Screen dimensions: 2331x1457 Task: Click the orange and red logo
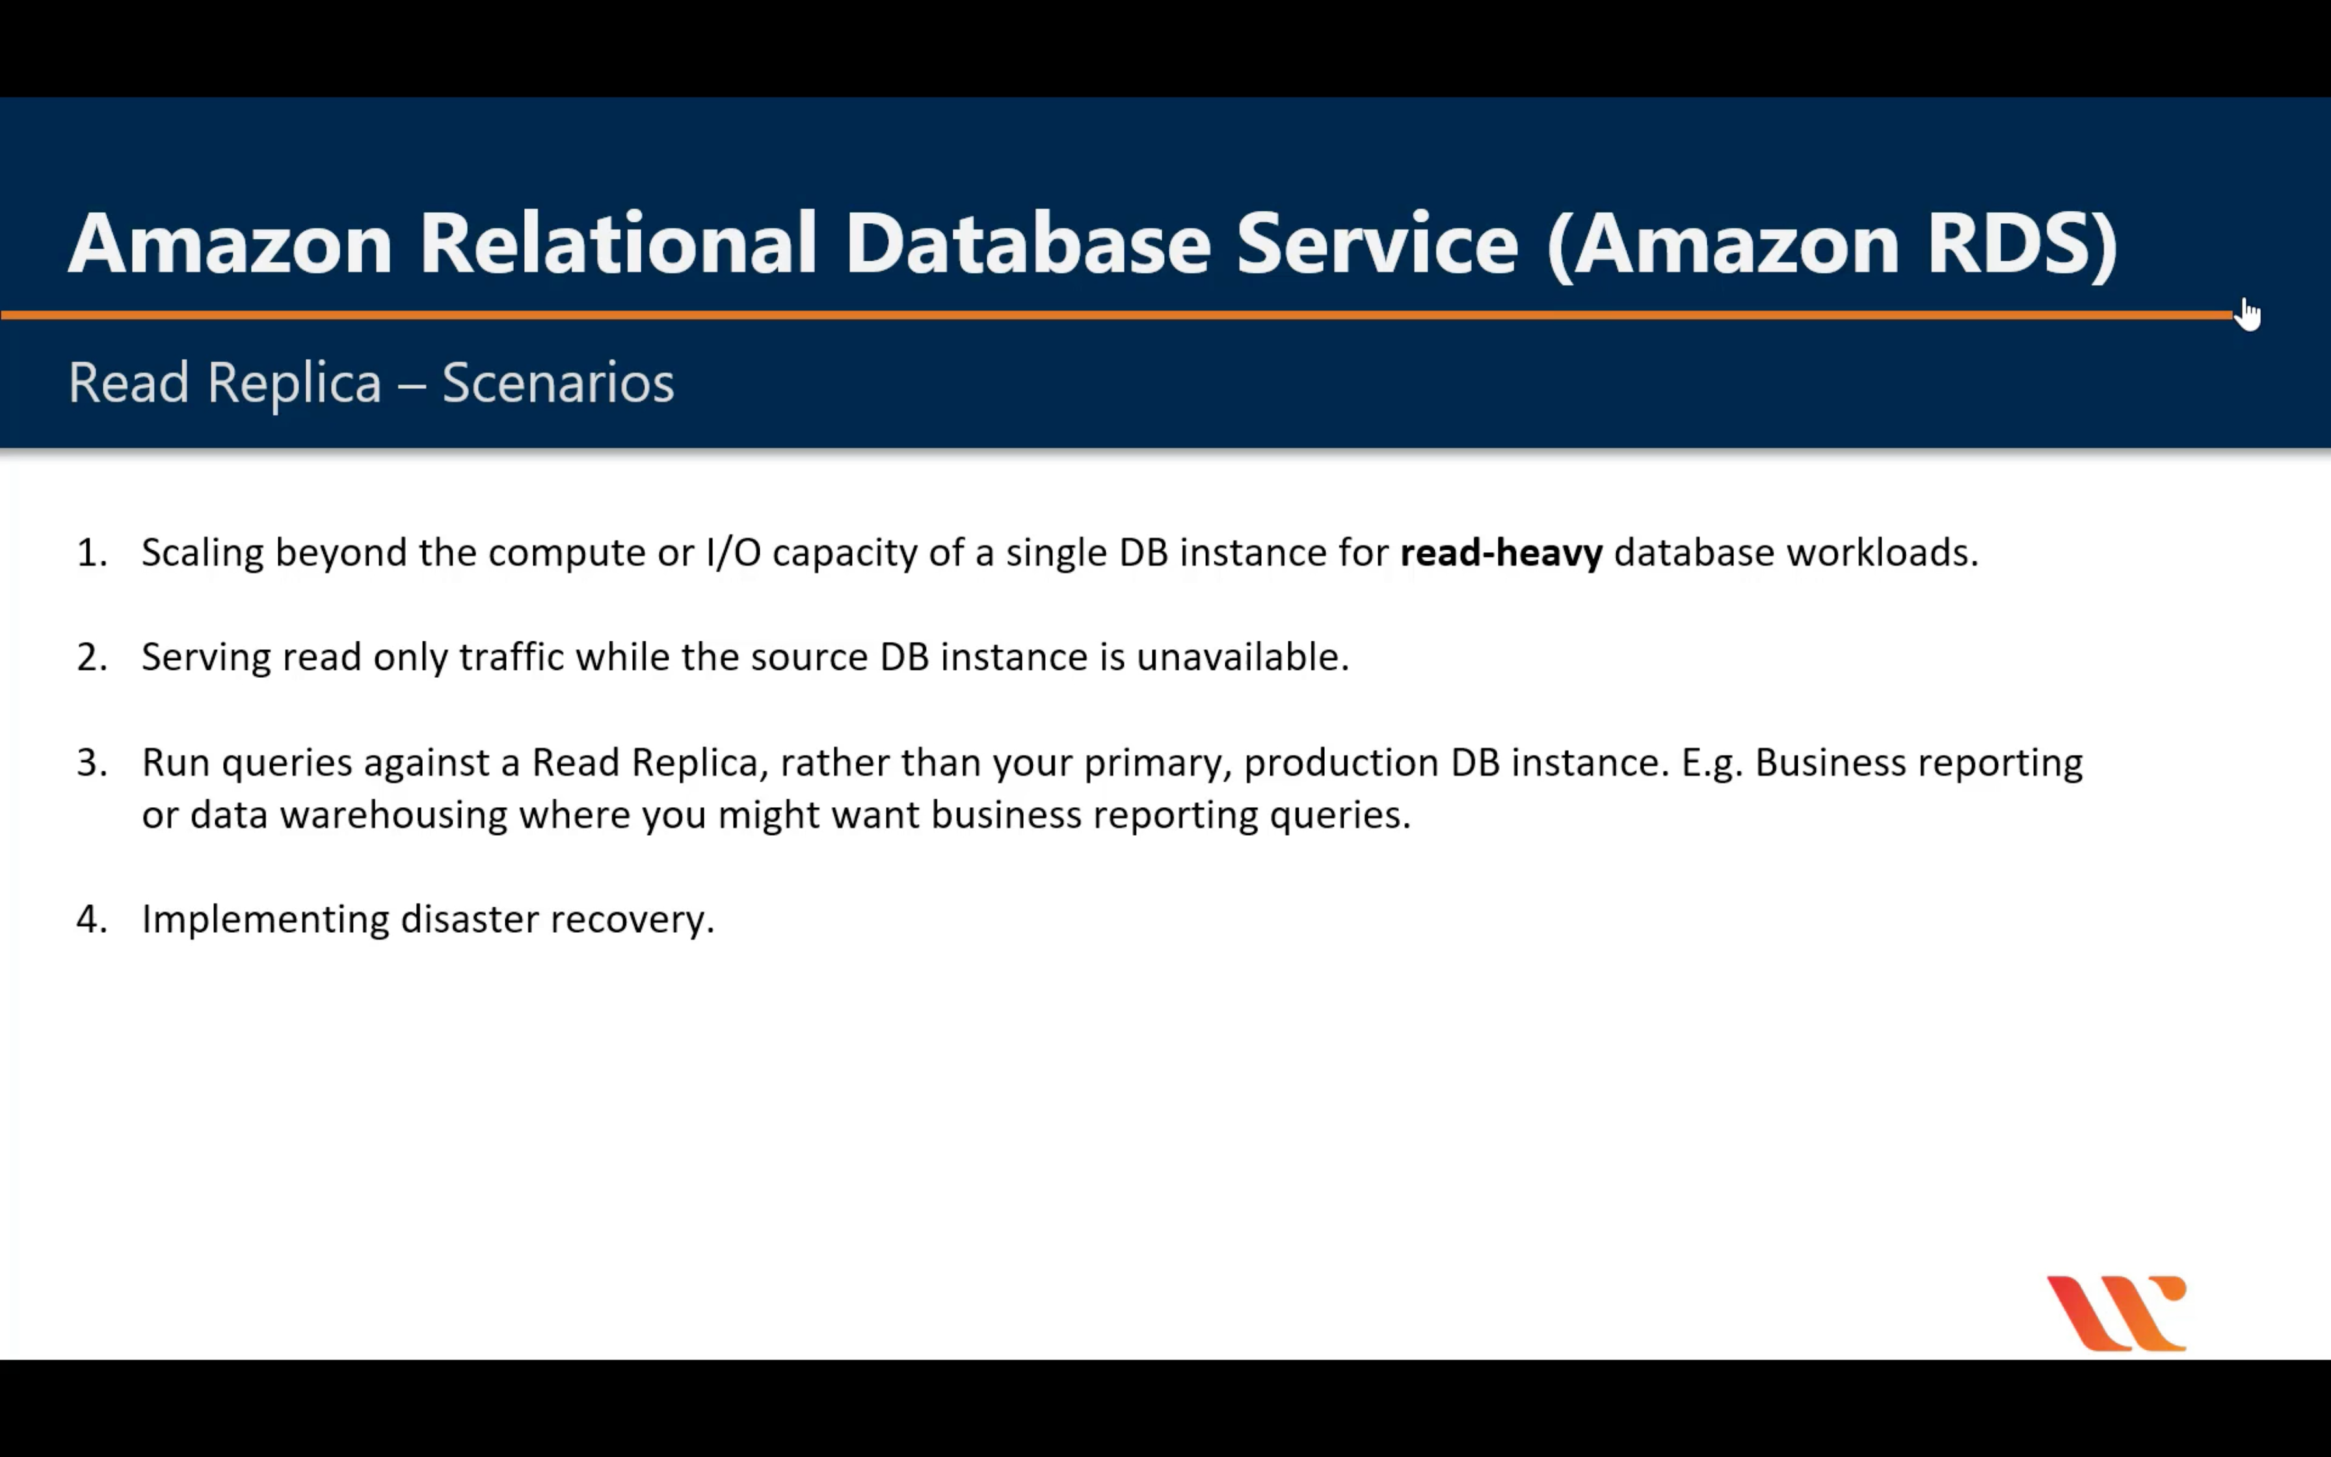pyautogui.click(x=2117, y=1313)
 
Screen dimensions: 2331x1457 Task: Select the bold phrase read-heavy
pyautogui.click(x=1500, y=553)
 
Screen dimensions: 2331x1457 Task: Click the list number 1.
pyautogui.click(x=92, y=553)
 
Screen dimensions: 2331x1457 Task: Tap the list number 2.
pyautogui.click(x=92, y=657)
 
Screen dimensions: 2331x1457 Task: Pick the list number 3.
pyautogui.click(x=92, y=763)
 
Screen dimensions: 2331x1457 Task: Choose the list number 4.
pyautogui.click(x=92, y=919)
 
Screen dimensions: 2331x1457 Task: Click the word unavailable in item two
pyautogui.click(x=1242, y=657)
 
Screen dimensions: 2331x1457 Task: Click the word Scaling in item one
pyautogui.click(x=202, y=553)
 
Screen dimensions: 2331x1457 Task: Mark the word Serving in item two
pyautogui.click(x=205, y=657)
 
